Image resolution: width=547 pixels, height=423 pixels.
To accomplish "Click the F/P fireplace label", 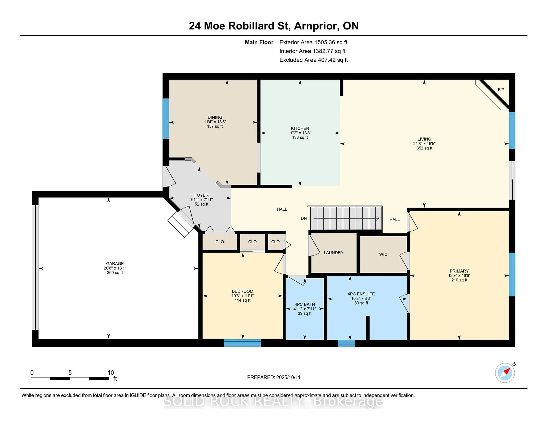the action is (501, 90).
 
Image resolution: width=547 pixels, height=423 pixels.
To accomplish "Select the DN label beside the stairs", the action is (304, 218).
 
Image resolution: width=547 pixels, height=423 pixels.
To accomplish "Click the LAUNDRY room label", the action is (333, 253).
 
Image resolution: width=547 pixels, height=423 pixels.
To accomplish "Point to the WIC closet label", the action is (383, 254).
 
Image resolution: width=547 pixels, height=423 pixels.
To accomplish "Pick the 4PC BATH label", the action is (305, 304).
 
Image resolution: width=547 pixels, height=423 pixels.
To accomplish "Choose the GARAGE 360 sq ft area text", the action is (115, 273).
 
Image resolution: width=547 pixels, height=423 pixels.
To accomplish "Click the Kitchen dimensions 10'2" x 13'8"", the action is (300, 133).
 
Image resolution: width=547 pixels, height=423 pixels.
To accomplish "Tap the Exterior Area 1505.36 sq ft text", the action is (313, 42).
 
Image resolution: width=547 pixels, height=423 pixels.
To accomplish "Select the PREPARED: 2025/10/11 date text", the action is (274, 377).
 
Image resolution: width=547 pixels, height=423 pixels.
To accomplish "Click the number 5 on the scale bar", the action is (70, 373).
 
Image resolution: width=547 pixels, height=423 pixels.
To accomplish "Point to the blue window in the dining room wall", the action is (166, 119).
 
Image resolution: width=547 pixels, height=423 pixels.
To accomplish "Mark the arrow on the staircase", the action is (346, 218).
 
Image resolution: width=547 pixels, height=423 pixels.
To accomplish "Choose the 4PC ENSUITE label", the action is (361, 294).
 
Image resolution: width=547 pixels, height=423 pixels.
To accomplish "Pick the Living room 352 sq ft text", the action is (424, 148).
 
